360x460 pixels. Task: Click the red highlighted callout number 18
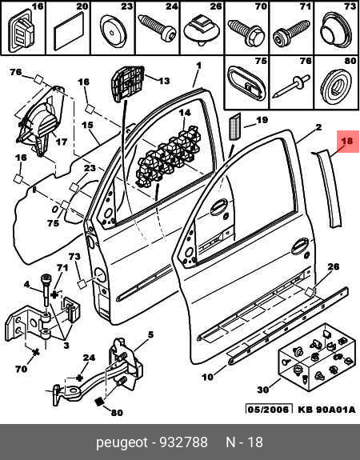click(x=346, y=141)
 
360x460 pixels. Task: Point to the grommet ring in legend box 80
click(x=336, y=86)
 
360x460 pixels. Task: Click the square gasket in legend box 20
click(x=68, y=33)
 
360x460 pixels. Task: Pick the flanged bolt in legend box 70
click(x=246, y=33)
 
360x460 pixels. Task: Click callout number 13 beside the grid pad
click(x=163, y=80)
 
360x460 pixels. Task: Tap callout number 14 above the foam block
click(x=185, y=113)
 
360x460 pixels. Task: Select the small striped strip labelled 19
click(x=234, y=126)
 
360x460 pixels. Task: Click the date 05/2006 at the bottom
click(x=269, y=409)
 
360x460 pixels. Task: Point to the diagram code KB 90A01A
click(x=326, y=409)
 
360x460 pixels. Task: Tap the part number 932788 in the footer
click(x=183, y=442)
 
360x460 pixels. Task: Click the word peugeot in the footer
click(x=122, y=443)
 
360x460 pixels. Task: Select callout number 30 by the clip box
click(x=263, y=390)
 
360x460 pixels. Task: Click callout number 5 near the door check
click(x=150, y=334)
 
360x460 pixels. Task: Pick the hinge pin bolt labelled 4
click(x=46, y=290)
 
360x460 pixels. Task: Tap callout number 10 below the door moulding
click(x=207, y=377)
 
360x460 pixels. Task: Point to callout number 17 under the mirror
click(x=62, y=142)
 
